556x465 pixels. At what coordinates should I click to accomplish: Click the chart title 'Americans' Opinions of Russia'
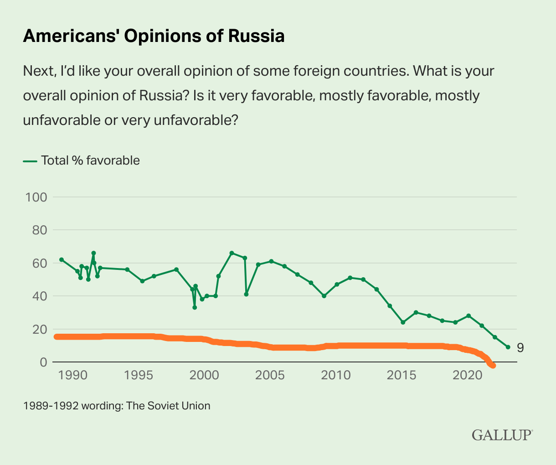[x=154, y=36]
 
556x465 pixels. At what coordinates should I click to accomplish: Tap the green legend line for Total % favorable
[x=30, y=160]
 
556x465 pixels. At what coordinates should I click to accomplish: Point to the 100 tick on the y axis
[x=37, y=197]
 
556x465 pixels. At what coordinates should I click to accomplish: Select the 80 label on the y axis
[x=39, y=230]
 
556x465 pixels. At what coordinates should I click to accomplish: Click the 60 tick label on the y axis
[x=39, y=263]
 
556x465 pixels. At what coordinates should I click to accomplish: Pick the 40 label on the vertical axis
[x=39, y=296]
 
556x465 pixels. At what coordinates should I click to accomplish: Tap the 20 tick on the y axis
[x=39, y=329]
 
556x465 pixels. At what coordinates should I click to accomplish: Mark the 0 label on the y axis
[x=43, y=362]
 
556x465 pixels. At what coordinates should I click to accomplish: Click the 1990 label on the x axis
[x=73, y=376]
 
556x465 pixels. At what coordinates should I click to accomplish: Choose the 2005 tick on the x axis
[x=269, y=376]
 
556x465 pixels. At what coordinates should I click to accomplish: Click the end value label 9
[x=520, y=348]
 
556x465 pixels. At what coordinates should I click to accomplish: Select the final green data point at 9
[x=508, y=347]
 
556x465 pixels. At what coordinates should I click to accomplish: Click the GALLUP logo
[x=502, y=434]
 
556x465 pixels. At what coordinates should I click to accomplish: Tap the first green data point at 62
[x=61, y=259]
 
